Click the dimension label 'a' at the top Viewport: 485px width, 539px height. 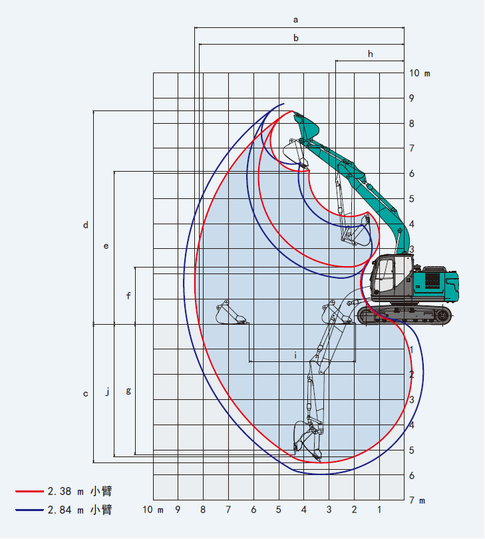(x=296, y=20)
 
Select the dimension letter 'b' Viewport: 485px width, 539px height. (x=296, y=39)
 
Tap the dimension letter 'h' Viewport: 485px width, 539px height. (x=371, y=54)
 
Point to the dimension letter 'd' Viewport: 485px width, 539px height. (x=85, y=226)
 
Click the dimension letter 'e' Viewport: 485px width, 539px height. (x=106, y=246)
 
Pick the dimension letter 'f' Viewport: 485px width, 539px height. (x=128, y=295)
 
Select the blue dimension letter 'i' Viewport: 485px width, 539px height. (x=295, y=355)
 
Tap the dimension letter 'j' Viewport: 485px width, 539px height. (x=107, y=391)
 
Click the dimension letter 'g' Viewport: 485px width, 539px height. (x=128, y=391)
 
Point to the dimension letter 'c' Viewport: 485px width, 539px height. (x=85, y=394)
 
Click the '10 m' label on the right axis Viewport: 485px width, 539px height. (x=419, y=73)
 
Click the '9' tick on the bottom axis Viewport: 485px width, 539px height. (x=178, y=510)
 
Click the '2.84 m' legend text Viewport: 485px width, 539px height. (x=65, y=510)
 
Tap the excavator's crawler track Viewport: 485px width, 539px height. (x=404, y=315)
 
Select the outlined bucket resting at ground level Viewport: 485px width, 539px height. (x=231, y=313)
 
